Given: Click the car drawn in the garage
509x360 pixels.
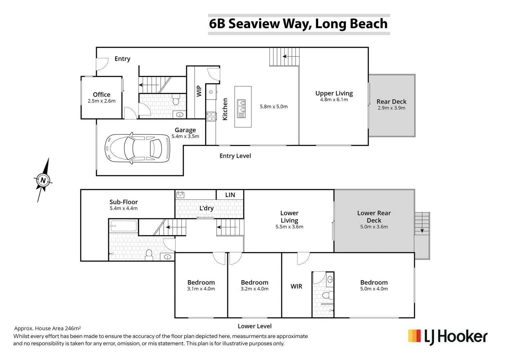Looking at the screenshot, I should (137, 149).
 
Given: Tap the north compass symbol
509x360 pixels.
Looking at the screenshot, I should (43, 180).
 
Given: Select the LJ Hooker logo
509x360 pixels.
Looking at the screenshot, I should (447, 337).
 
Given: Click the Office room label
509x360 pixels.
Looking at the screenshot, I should (102, 95).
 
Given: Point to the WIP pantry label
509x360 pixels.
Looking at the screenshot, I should (199, 91).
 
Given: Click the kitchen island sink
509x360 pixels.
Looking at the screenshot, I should (241, 108).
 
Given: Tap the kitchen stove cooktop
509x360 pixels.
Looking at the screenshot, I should (211, 116).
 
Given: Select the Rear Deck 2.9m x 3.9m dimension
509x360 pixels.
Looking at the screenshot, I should (391, 108).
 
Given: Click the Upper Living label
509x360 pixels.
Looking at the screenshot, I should (334, 93).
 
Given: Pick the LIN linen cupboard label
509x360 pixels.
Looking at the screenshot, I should (230, 195).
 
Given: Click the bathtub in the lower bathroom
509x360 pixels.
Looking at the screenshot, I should (123, 226).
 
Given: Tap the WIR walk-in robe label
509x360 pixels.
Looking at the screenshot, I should (296, 286).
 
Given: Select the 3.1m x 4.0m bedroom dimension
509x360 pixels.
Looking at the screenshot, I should (201, 289).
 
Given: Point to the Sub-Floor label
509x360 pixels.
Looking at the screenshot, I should (124, 202).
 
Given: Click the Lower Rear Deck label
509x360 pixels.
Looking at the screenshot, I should (374, 217).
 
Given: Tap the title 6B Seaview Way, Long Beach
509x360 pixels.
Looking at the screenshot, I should (298, 24).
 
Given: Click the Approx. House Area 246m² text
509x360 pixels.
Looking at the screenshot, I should (48, 329).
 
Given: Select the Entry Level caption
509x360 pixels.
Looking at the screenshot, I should (235, 156).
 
